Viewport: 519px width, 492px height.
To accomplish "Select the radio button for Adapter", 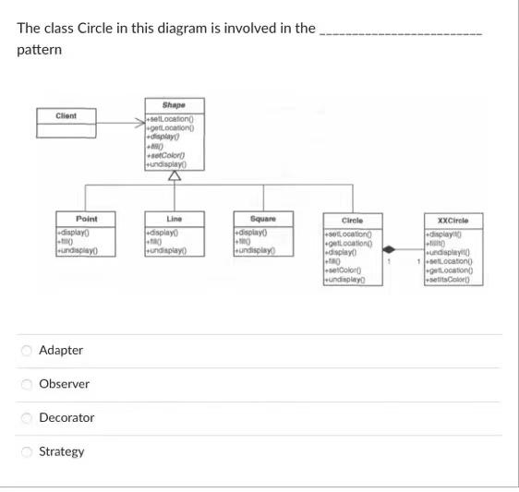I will coord(27,350).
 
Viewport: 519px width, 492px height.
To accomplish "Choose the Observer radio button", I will coord(27,384).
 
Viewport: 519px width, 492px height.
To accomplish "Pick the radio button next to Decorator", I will coord(27,418).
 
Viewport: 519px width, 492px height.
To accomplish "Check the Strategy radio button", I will coord(27,451).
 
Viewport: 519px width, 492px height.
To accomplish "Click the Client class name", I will coord(66,115).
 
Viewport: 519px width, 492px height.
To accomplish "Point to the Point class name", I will coord(87,218).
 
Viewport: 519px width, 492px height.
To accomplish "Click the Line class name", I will coord(174,218).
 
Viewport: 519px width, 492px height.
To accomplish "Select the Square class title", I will coord(262,218).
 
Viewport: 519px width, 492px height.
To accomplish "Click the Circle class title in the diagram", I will coord(352,221).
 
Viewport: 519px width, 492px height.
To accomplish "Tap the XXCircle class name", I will coord(453,221).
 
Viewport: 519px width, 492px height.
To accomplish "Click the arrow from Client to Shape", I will coord(120,122).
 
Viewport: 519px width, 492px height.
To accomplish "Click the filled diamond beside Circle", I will coord(390,248).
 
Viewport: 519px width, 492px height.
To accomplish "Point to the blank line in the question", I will coord(400,30).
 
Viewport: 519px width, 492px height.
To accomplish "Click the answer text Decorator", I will coord(66,418).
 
